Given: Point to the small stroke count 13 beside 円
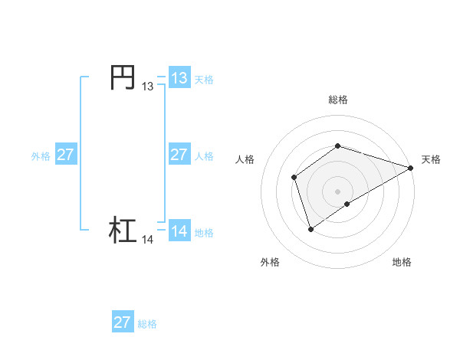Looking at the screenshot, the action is point(147,87).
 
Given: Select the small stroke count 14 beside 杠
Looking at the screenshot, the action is point(147,240).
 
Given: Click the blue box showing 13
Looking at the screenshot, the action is point(179,78).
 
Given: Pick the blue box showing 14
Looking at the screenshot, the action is point(179,231).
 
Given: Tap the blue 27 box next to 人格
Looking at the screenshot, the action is point(179,155).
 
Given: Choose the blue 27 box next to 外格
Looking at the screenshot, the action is point(65,155).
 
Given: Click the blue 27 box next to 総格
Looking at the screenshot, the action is point(122,322).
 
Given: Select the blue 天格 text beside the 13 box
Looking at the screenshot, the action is point(204,80).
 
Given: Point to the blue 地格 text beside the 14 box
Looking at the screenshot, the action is point(204,233).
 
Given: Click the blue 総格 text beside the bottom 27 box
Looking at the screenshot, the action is point(147,324).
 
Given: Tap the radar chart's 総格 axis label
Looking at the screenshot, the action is point(337,100).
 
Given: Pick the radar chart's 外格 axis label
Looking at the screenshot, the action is point(270,262).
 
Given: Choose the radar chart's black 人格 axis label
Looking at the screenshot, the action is point(245,159).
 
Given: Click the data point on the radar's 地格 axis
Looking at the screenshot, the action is point(347,204).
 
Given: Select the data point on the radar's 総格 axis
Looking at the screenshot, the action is point(337,146).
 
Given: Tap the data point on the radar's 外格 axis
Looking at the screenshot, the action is point(310,228).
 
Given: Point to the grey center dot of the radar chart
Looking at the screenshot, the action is point(337,191).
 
